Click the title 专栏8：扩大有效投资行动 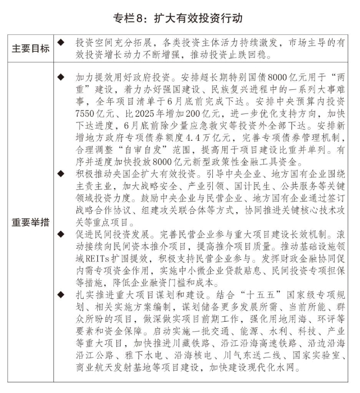click(180, 19)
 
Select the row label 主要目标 click(31, 49)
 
